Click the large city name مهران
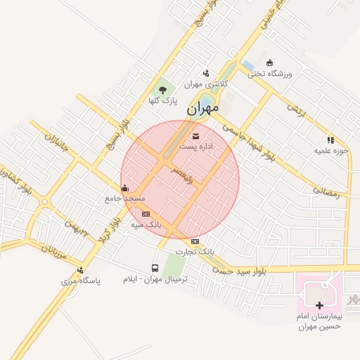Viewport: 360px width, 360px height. point(203,109)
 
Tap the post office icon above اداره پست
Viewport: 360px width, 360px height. point(195,135)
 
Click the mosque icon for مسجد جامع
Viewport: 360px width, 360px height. point(125,188)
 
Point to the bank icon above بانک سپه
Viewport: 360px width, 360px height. point(146,214)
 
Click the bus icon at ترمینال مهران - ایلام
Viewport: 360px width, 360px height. point(155,268)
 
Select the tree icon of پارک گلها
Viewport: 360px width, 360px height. point(162,89)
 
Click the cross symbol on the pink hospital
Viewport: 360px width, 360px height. point(320,305)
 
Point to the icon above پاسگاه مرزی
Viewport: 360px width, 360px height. point(81,270)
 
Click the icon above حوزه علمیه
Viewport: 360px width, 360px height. point(330,140)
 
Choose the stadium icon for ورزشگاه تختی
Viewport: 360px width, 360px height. point(269,62)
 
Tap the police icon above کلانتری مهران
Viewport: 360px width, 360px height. point(206,72)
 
